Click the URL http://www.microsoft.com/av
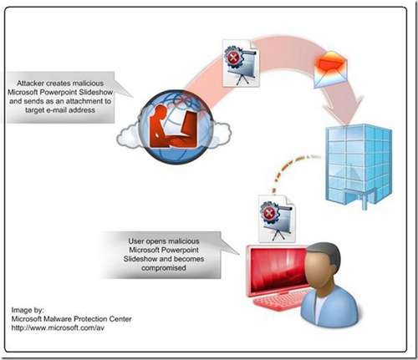click(x=59, y=326)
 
